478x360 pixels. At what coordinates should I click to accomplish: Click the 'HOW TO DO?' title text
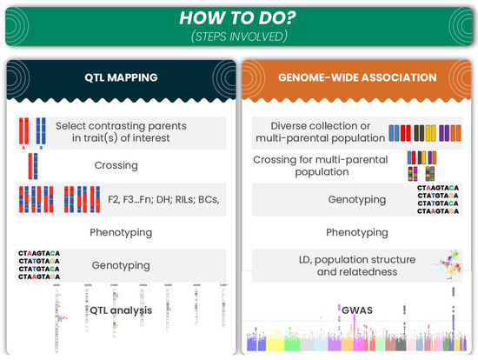point(239,17)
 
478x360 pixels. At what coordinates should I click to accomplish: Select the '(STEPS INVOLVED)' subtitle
point(239,37)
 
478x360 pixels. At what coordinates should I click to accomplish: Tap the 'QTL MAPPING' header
point(120,77)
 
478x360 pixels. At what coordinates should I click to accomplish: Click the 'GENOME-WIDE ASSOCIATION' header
point(357,77)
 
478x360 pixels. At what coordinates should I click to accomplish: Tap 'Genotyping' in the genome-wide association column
point(355,199)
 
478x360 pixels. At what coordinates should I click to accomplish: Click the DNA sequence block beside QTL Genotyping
point(38,265)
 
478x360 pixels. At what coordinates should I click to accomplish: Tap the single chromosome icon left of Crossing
point(31,164)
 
